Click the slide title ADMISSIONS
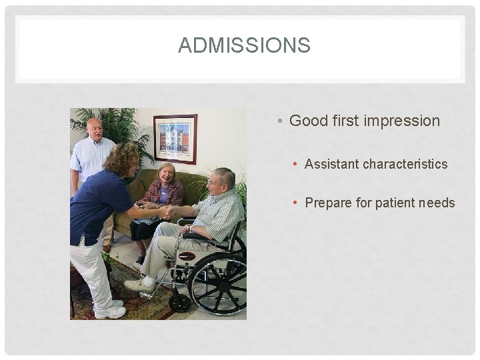[x=244, y=45]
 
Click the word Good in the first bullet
[x=305, y=121]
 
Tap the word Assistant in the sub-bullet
[x=331, y=164]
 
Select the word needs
[x=437, y=203]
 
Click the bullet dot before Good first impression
[x=281, y=121]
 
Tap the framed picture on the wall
[x=175, y=138]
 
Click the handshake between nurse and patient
[x=166, y=213]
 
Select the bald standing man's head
[x=94, y=129]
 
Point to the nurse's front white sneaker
[x=110, y=311]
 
